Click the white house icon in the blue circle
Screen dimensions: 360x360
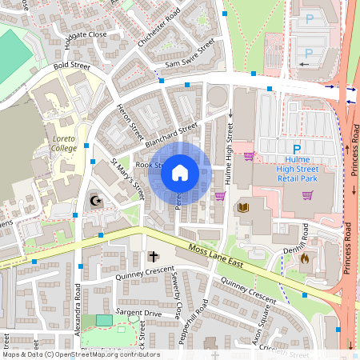(x=180, y=172)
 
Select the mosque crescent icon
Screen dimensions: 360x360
(x=98, y=200)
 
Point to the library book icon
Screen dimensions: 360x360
(x=242, y=208)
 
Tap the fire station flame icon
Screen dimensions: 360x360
(x=304, y=258)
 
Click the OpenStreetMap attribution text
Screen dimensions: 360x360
(x=80, y=354)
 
